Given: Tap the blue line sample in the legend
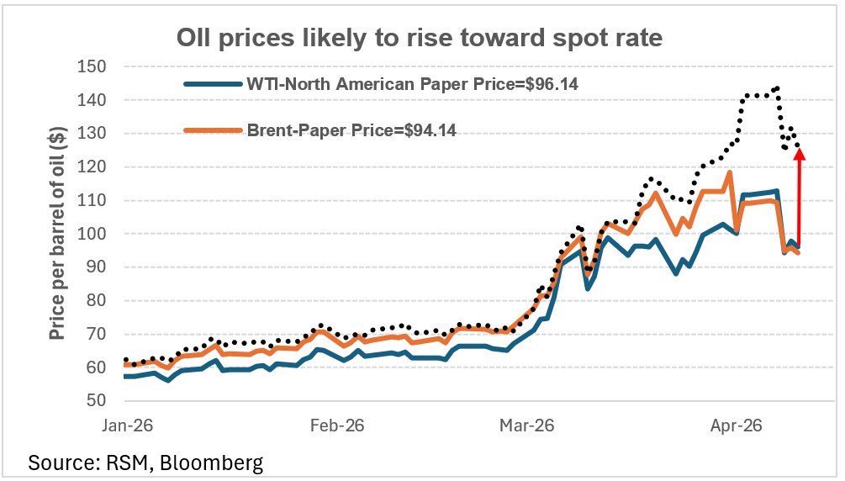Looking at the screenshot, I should click(x=211, y=84).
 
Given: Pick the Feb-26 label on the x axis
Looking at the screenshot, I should click(x=336, y=426).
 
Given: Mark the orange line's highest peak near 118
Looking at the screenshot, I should click(x=729, y=172).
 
